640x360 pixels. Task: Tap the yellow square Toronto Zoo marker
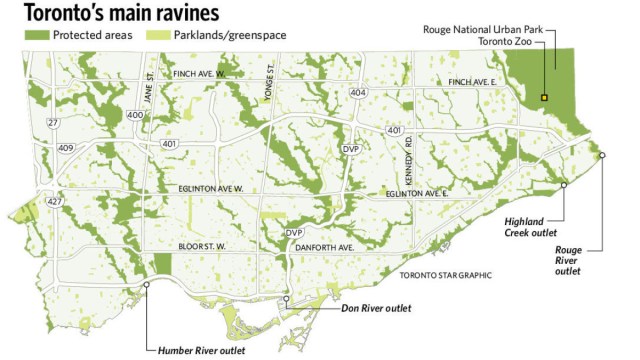point(544,97)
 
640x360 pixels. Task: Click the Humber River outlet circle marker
point(147,284)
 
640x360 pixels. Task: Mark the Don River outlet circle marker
point(287,299)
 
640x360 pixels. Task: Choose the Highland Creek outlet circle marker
point(564,185)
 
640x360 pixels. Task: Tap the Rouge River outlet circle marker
point(602,154)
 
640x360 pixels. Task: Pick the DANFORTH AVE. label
point(331,247)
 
